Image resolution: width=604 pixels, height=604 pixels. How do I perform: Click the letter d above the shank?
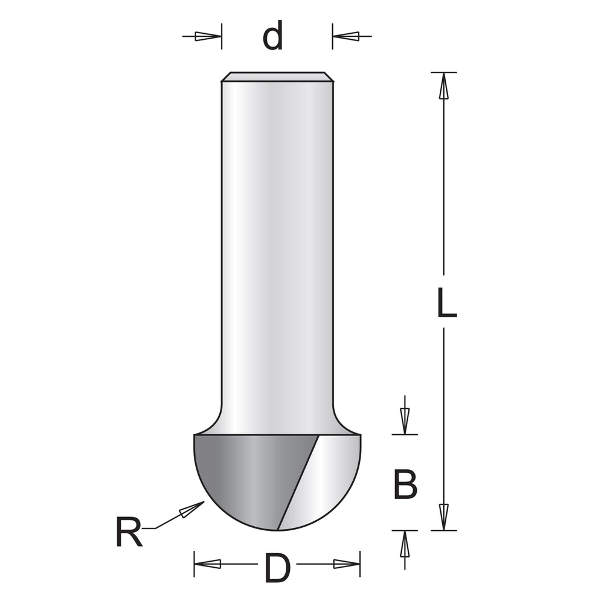pyautogui.click(x=273, y=37)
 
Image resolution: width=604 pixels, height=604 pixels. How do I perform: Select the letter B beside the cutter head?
pyautogui.click(x=405, y=484)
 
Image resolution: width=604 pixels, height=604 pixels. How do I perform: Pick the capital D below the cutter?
pyautogui.click(x=277, y=568)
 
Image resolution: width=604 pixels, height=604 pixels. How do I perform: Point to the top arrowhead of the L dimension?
pyautogui.click(x=444, y=86)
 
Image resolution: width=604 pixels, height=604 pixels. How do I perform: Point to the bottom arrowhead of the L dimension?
pyautogui.click(x=444, y=517)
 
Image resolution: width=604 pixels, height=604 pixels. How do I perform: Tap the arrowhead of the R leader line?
pyautogui.click(x=192, y=509)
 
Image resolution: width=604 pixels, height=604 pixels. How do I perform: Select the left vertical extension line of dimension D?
pyautogui.click(x=194, y=564)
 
